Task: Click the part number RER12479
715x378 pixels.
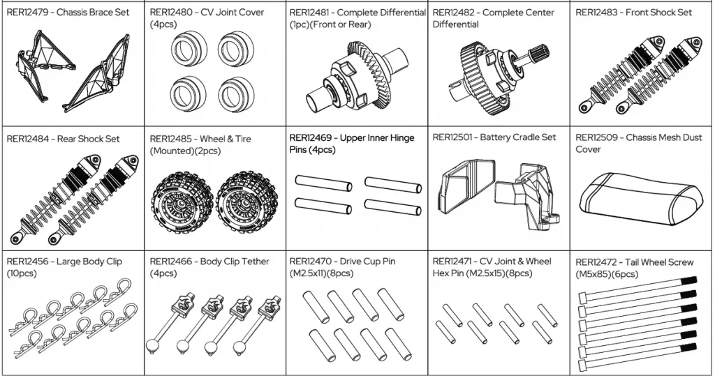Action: (x=29, y=13)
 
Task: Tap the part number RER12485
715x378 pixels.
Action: (x=172, y=139)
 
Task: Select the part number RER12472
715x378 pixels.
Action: (x=598, y=262)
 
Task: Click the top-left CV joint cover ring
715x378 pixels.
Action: (x=186, y=52)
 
